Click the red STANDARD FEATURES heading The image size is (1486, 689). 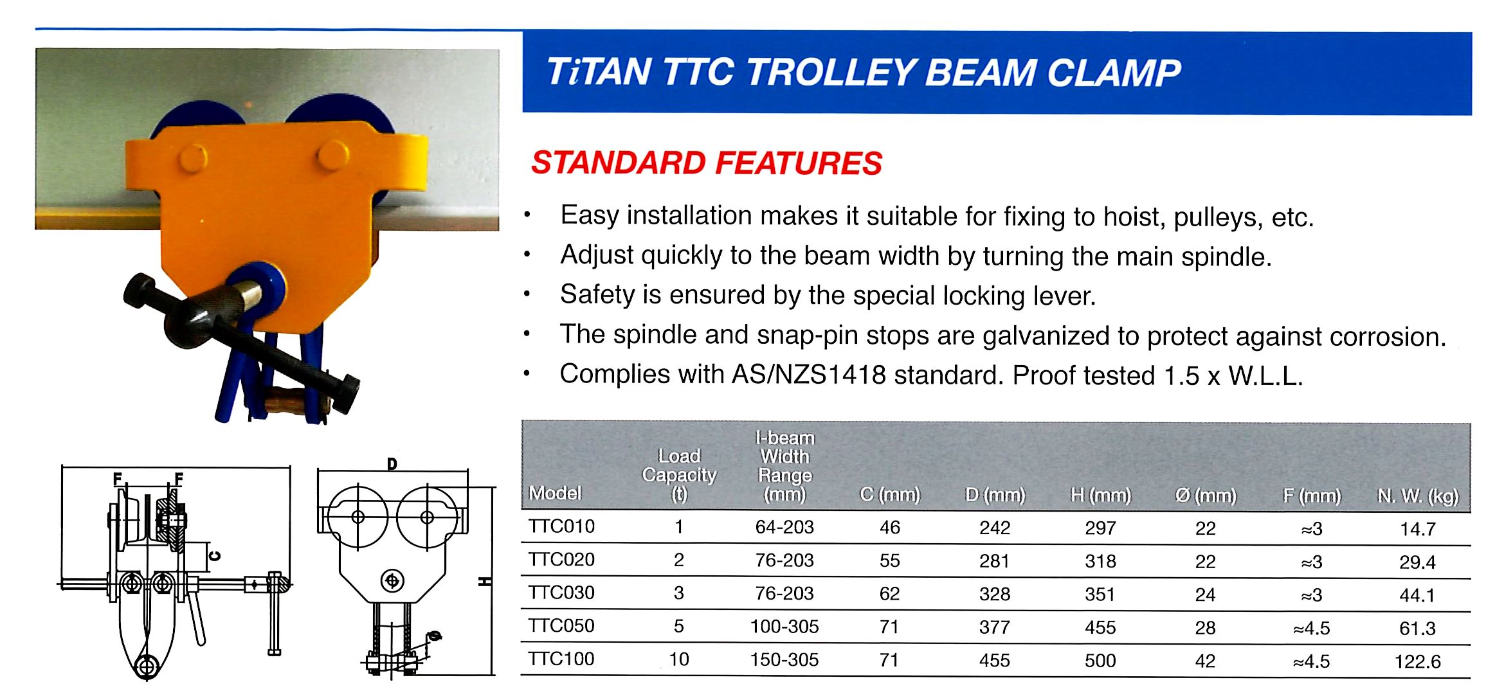pos(707,163)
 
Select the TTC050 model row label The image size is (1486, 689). pos(561,625)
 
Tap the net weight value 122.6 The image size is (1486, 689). pos(1417,661)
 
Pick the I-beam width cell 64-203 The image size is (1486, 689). pos(784,527)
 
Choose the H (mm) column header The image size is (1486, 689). pos(1100,495)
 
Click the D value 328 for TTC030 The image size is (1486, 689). pos(995,594)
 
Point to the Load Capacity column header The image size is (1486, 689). pos(679,474)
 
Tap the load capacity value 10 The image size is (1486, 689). pos(679,659)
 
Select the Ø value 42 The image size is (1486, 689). pos(1205,661)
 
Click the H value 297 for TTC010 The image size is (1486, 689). pos(1100,528)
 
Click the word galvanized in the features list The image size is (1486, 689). pos(1049,336)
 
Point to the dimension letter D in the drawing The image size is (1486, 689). pos(392,463)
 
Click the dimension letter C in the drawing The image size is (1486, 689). pos(215,556)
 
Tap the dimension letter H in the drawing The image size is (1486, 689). pos(485,581)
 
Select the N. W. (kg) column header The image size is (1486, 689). pos(1417,496)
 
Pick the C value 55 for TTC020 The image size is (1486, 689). pos(889,560)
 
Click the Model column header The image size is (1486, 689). pos(555,493)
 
